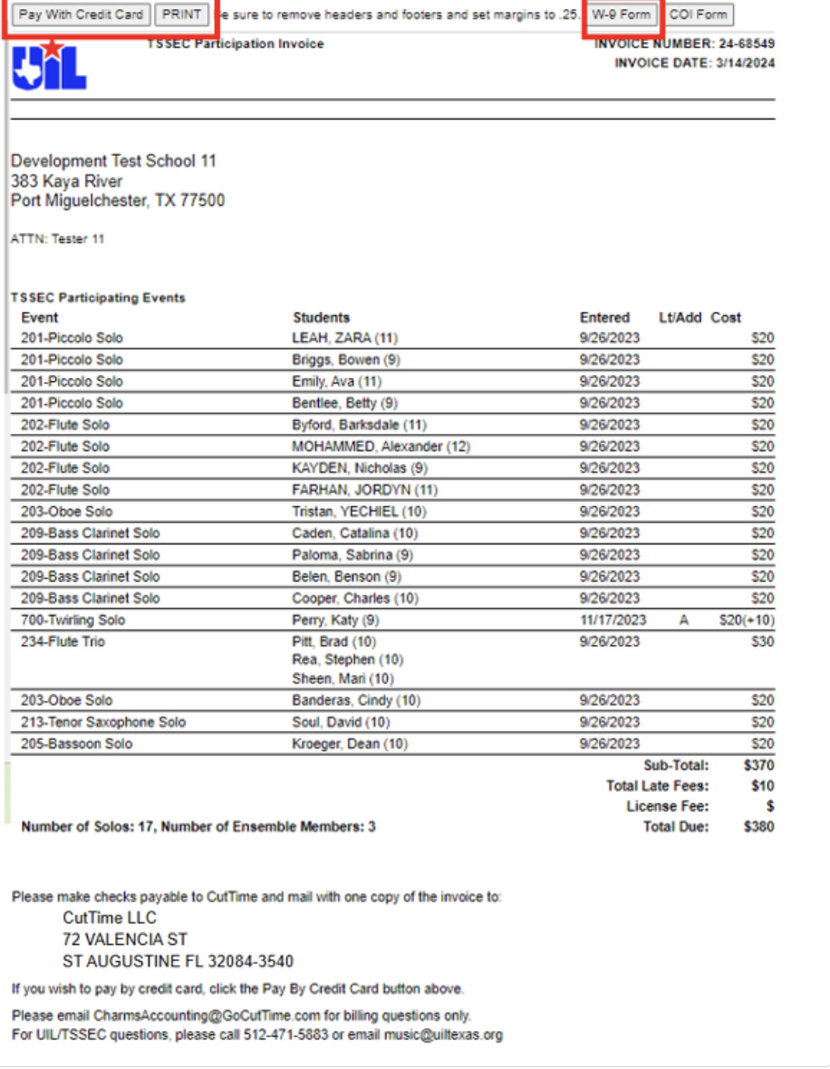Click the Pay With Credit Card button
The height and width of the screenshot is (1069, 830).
point(82,14)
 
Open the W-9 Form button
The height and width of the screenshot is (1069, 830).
point(622,14)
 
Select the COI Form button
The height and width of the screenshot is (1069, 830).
point(699,14)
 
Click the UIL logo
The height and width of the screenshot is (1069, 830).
point(49,66)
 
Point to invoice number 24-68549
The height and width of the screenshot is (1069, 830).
point(747,43)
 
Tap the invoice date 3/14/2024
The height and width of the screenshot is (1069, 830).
point(747,63)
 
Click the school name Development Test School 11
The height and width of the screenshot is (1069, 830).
point(113,161)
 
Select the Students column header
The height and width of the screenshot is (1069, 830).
point(321,318)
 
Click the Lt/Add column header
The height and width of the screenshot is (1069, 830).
point(680,318)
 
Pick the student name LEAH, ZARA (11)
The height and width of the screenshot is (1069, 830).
point(344,338)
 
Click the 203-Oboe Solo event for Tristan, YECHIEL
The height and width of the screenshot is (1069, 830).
point(67,512)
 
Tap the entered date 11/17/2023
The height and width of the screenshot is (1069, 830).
point(613,621)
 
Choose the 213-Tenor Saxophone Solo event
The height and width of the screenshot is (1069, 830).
point(103,722)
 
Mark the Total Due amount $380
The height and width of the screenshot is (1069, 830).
point(758,826)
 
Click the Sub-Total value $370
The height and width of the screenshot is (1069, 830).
point(758,766)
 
